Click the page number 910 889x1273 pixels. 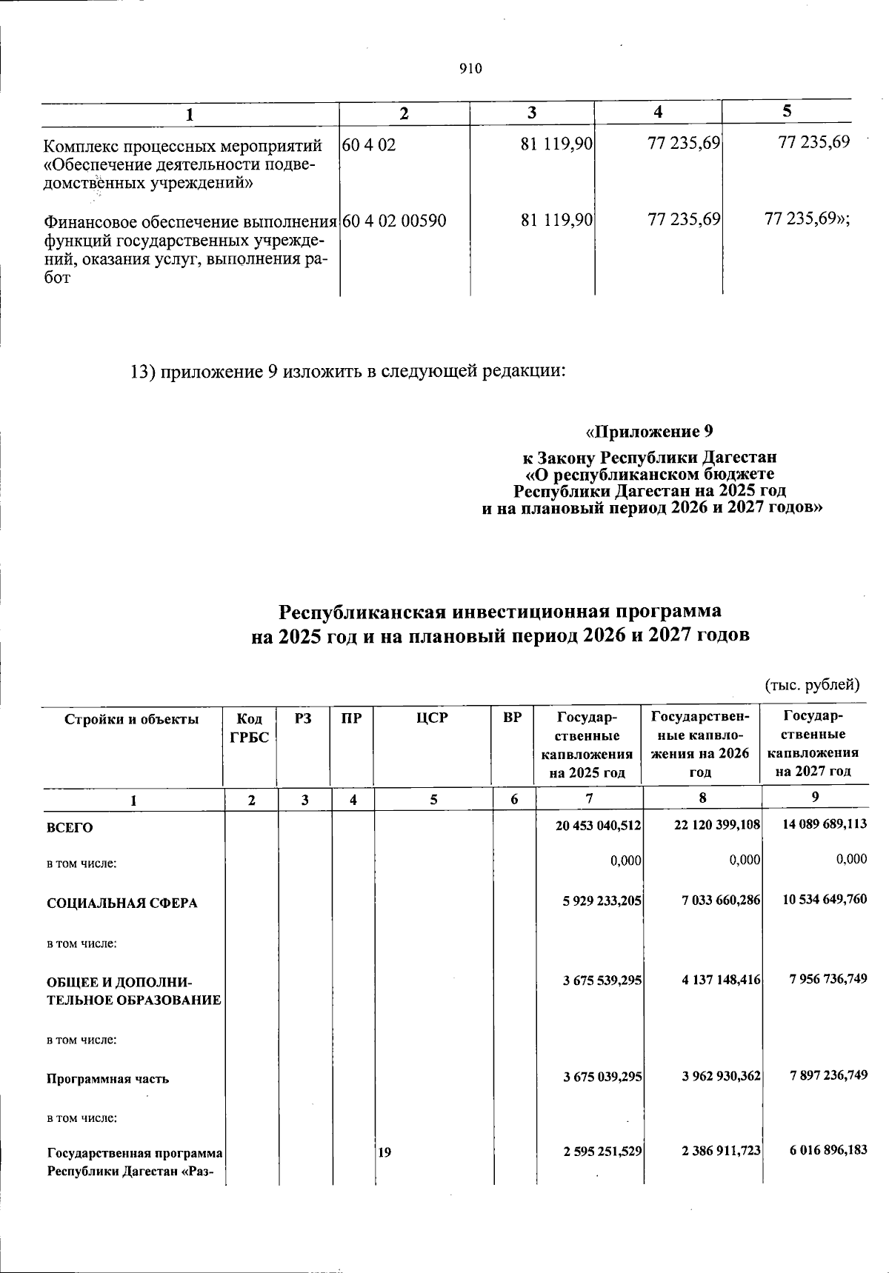coord(470,69)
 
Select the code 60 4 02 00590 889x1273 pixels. coord(395,220)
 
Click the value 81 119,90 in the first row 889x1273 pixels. coord(556,144)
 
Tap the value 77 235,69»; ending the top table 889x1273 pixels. coord(807,219)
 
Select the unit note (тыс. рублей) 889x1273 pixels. coord(812,684)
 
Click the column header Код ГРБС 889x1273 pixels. coord(249,727)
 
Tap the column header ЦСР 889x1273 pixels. coord(433,718)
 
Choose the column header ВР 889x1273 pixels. coord(512,718)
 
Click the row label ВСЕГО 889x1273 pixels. coord(70,827)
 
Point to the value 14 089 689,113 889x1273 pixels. coord(824,823)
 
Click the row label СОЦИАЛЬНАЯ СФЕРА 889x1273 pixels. coord(122,903)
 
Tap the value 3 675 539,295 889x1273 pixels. coord(602,980)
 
